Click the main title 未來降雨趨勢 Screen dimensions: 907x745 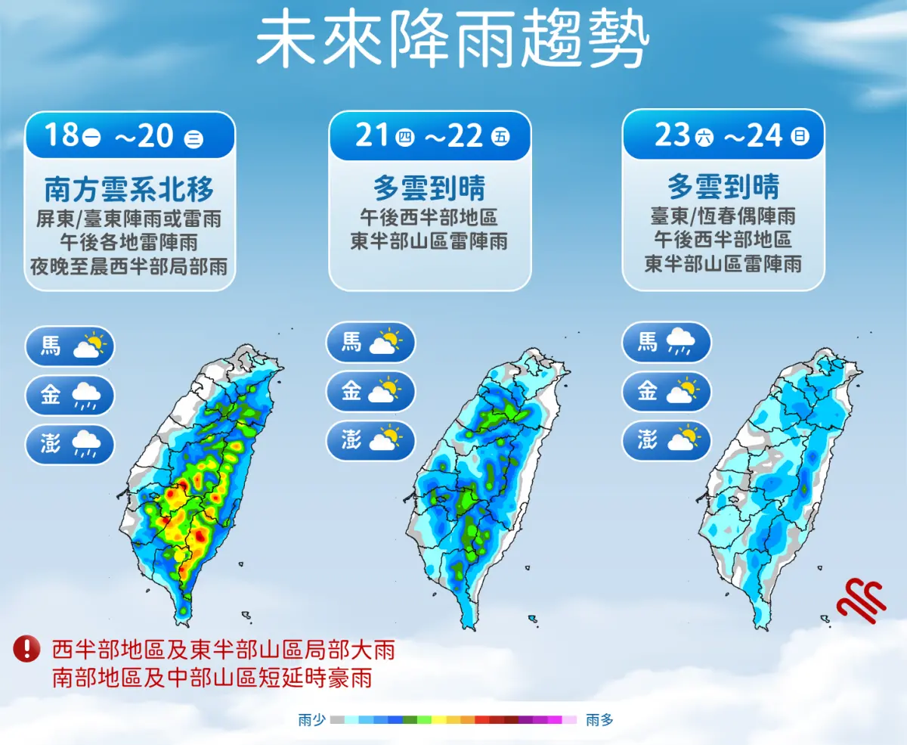click(x=452, y=39)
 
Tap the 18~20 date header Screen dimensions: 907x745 click(x=129, y=136)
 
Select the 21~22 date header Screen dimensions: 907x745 click(x=429, y=136)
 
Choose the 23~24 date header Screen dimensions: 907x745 click(x=723, y=136)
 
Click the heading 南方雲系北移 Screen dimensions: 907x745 click(x=129, y=188)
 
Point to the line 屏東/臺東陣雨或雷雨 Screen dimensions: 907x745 click(x=129, y=219)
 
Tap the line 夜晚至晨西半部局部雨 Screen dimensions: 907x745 click(x=129, y=266)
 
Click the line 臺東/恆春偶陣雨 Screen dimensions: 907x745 click(x=723, y=216)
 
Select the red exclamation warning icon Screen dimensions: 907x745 click(x=27, y=648)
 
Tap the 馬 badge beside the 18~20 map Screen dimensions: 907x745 click(x=70, y=346)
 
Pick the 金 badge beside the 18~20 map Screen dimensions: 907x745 click(x=70, y=395)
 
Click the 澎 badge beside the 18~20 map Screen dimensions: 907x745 click(x=70, y=444)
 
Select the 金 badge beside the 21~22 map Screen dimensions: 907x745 click(x=370, y=391)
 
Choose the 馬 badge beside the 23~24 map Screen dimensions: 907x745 click(x=667, y=342)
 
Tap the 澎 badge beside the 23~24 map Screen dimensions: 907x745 click(x=667, y=440)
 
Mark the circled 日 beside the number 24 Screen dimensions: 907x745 click(x=800, y=137)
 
